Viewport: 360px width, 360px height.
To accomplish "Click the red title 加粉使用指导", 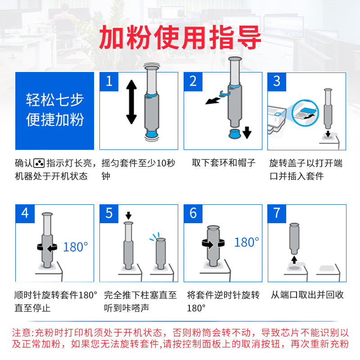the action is coord(180,38).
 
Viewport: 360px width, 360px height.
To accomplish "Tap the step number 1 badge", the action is coord(109,82).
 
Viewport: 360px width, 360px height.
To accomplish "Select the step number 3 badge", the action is coord(277,82).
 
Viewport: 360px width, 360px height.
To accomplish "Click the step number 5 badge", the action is coord(109,213).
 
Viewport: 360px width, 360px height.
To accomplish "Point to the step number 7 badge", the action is coord(277,213).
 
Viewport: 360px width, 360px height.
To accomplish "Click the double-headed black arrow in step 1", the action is coord(131,102).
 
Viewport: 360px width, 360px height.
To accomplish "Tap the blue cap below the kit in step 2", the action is coord(234,134).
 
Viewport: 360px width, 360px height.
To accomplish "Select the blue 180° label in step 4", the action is coord(76,247).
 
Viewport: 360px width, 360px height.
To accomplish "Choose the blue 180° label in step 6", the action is coord(247,242).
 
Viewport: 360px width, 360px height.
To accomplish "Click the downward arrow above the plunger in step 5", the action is coord(128,216).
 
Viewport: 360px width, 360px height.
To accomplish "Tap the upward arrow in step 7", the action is coord(294,260).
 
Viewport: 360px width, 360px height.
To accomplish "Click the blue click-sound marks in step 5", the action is coord(154,236).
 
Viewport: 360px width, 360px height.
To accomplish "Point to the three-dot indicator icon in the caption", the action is coord(39,163).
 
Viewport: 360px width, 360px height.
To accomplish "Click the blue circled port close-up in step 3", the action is coord(305,113).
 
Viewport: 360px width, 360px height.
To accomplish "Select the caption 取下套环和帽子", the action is coord(224,163).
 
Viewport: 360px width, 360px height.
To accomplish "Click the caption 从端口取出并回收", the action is coord(307,295).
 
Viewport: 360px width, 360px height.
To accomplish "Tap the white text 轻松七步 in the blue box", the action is coord(54,100).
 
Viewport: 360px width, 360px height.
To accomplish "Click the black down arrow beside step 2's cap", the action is coord(247,132).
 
